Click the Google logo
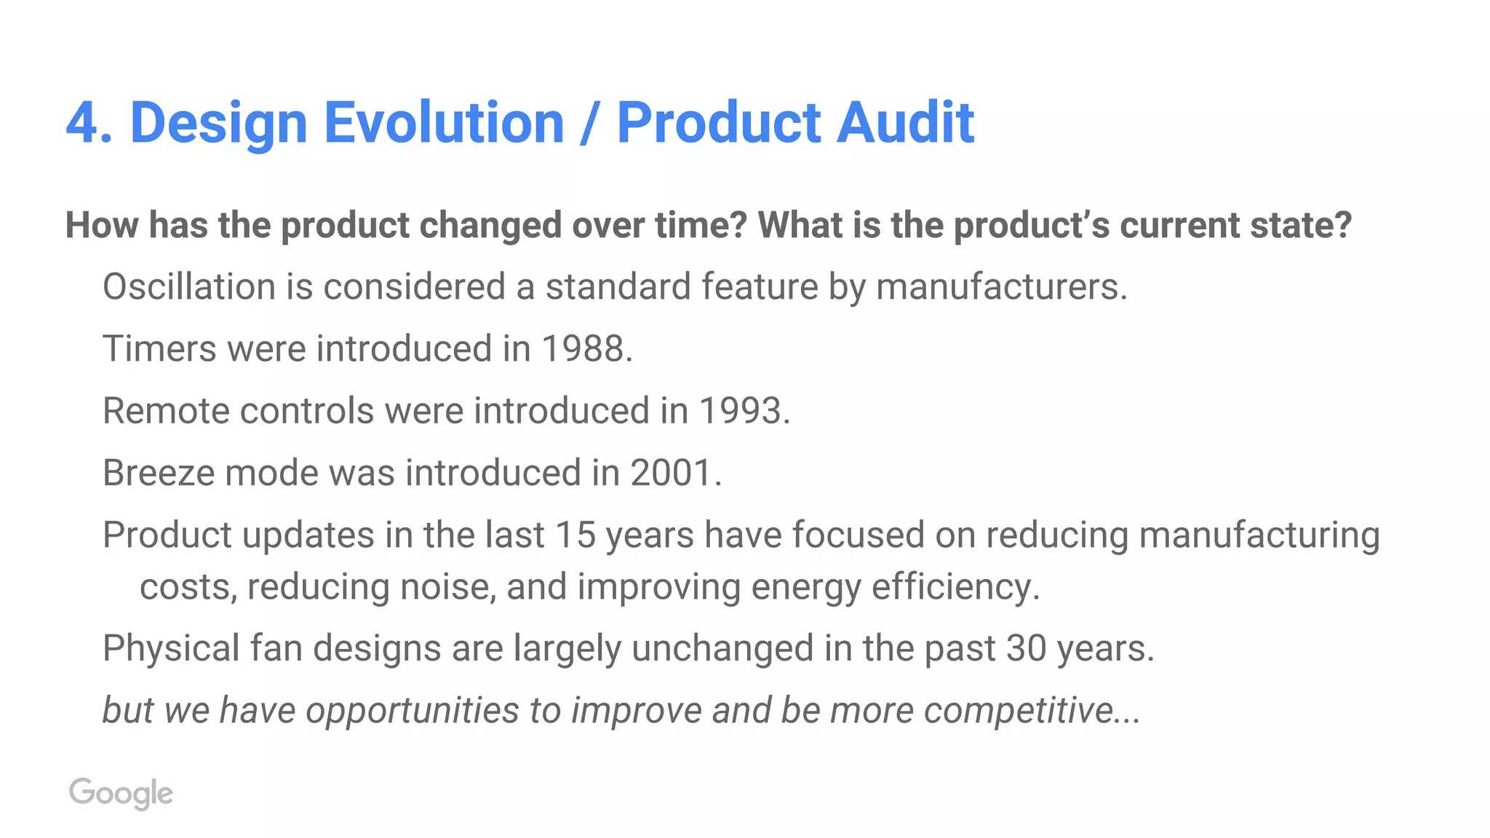121,793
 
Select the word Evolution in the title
444,122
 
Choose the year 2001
671,473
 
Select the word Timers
159,348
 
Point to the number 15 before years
575,535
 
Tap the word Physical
171,648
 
